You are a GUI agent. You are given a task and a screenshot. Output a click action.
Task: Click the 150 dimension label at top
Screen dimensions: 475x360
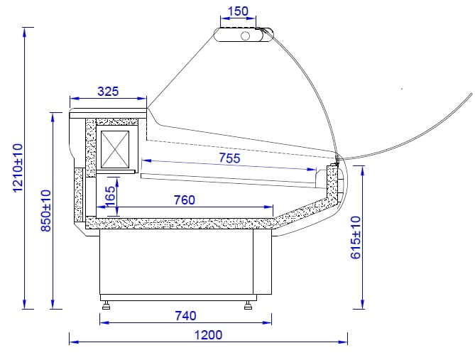click(238, 11)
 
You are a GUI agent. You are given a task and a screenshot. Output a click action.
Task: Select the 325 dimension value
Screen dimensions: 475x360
click(108, 91)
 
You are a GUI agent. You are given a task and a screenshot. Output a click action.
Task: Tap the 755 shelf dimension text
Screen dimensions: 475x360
click(229, 158)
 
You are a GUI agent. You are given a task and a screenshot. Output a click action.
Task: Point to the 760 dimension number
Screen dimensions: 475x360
click(184, 200)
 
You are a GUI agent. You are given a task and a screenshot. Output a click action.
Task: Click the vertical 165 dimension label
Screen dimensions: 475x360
click(110, 196)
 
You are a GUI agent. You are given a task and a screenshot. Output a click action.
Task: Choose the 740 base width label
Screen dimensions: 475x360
click(185, 316)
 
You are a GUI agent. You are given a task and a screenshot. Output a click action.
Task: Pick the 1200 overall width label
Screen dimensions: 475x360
click(208, 335)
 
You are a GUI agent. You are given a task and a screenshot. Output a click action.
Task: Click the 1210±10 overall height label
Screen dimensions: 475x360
click(18, 168)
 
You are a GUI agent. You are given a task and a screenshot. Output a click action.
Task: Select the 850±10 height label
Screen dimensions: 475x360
click(45, 211)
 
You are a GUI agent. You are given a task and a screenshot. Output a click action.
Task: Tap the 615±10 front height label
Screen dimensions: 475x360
click(356, 238)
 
